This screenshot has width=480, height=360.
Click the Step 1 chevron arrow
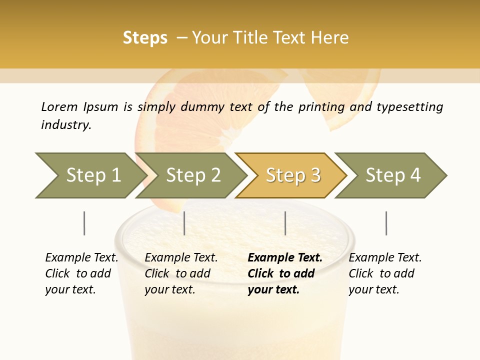[93, 175]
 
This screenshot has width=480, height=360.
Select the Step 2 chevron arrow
[193, 175]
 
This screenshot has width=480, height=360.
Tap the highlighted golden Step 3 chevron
[293, 175]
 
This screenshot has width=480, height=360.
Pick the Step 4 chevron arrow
[393, 175]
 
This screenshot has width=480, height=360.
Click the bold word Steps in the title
[145, 38]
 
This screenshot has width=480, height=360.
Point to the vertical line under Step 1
[84, 223]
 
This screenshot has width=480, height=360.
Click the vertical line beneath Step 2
[184, 223]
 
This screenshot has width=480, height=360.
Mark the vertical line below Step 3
[285, 223]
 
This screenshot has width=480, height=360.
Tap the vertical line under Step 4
[386, 223]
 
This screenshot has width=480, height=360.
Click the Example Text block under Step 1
[81, 273]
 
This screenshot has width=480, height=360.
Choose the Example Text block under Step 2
[181, 273]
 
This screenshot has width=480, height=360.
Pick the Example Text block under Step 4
[385, 273]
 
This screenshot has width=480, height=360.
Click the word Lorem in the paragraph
[59, 107]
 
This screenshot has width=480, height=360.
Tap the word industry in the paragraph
[65, 125]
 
